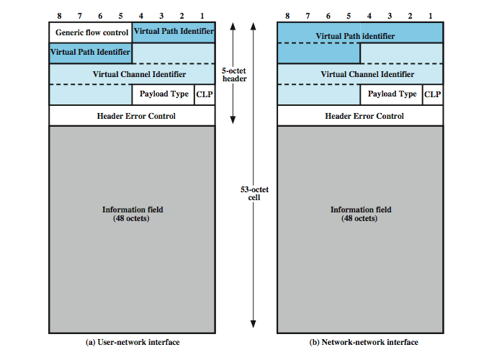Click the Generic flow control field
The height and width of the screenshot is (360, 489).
(90, 32)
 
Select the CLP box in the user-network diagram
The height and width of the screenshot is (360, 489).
(205, 94)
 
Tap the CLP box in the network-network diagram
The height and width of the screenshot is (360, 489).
(433, 94)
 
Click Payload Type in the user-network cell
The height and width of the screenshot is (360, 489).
(163, 94)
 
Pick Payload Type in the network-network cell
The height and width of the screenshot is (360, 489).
(392, 94)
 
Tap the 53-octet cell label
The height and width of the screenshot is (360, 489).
(254, 193)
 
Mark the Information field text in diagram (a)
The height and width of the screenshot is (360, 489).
(133, 214)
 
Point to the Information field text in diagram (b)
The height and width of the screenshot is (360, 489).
(361, 214)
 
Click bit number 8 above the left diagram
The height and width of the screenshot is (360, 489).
(50, 15)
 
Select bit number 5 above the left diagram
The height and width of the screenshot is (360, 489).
(120, 15)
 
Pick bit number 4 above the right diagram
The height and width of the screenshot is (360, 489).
(371, 15)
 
